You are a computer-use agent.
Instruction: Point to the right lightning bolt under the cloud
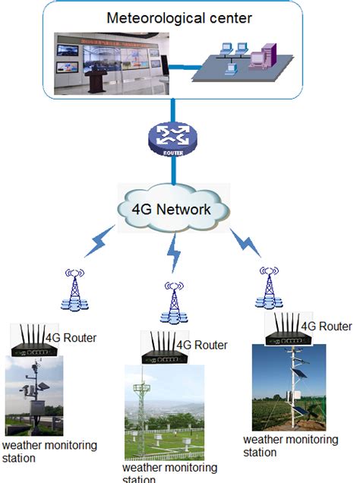pyautogui.click(x=247, y=243)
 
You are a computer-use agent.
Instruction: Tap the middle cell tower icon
pyautogui.click(x=174, y=301)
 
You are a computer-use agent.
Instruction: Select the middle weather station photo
pyautogui.click(x=164, y=411)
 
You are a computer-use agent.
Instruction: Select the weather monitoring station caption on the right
pyautogui.click(x=289, y=446)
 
